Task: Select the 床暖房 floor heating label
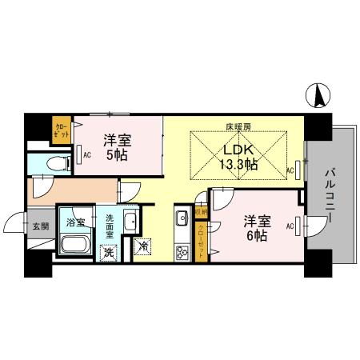point(237,127)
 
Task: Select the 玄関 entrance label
point(41,227)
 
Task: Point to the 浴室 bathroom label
point(76,221)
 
